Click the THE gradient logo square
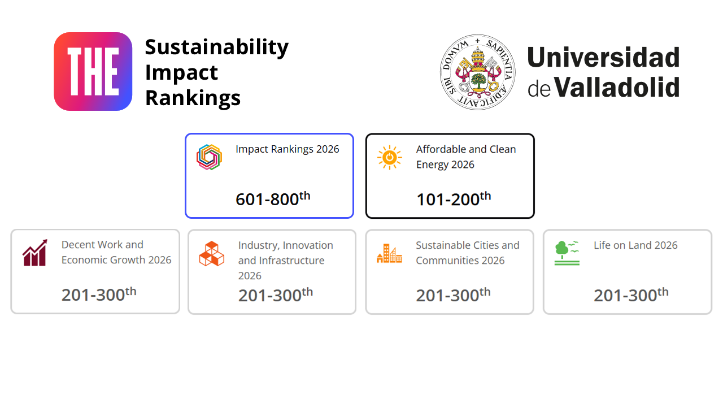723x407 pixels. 93,71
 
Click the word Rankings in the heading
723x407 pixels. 193,98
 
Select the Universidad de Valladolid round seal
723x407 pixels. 477,72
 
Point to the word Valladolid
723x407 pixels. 617,87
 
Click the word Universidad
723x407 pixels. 604,57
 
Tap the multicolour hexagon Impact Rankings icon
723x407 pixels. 209,157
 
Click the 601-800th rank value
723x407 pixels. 273,198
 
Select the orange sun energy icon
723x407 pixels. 390,157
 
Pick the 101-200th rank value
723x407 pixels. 454,198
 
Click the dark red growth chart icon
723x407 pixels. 35,253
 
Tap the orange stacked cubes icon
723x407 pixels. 212,254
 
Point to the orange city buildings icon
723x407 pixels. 389,254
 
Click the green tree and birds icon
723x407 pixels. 567,253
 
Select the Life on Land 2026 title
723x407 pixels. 635,245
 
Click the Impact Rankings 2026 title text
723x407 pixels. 288,149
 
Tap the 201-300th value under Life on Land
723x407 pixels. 631,295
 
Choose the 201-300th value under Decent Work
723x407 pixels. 99,293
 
